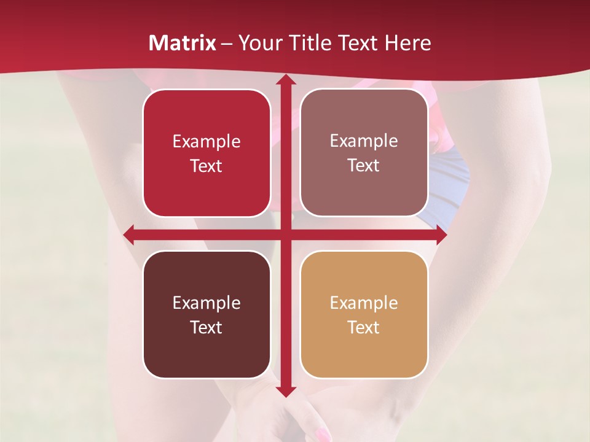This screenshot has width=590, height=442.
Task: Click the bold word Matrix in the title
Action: (x=183, y=43)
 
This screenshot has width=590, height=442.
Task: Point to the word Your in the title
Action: (x=258, y=43)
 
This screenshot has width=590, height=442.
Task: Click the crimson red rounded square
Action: (x=206, y=153)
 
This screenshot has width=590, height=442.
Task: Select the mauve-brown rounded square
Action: (x=364, y=153)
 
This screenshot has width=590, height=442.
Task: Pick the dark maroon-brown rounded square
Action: (x=206, y=314)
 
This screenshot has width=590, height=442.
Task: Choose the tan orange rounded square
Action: (x=364, y=314)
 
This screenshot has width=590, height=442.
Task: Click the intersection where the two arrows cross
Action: (x=285, y=235)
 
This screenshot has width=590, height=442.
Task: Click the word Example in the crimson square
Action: (x=206, y=142)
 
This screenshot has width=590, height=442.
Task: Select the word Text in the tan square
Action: (x=364, y=327)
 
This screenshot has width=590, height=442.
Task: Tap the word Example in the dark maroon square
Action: (x=206, y=303)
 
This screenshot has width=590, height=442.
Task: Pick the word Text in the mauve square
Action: (x=364, y=166)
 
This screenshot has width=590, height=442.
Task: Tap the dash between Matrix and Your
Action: (x=227, y=44)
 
